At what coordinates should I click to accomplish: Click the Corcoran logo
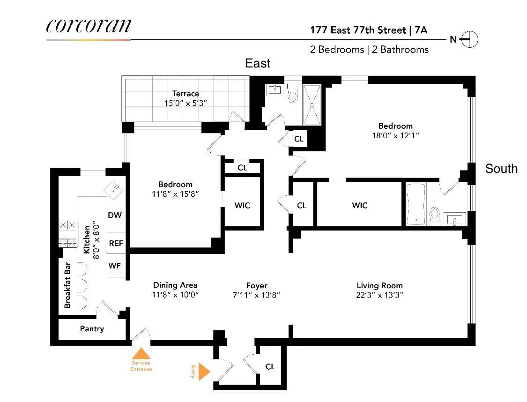pyautogui.click(x=89, y=26)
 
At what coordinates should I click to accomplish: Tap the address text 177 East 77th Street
pyautogui.click(x=358, y=30)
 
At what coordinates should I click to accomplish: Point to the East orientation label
pyautogui.click(x=258, y=63)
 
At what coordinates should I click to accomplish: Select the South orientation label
pyautogui.click(x=501, y=169)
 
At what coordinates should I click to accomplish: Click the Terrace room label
pyautogui.click(x=185, y=94)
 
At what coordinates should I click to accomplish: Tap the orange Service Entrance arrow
pyautogui.click(x=141, y=354)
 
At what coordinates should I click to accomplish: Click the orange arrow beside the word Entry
pyautogui.click(x=204, y=372)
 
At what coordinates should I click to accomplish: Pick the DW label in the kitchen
pyautogui.click(x=115, y=215)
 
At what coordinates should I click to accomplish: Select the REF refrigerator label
pyautogui.click(x=116, y=243)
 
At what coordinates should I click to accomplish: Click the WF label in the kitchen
pyautogui.click(x=115, y=266)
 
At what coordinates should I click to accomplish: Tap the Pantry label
pyautogui.click(x=92, y=328)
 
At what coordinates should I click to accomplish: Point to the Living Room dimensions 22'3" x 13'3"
pyautogui.click(x=379, y=295)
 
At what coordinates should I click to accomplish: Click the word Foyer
pyautogui.click(x=257, y=285)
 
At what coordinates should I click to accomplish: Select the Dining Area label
pyautogui.click(x=175, y=285)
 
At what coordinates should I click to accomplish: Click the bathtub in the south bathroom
pyautogui.click(x=416, y=204)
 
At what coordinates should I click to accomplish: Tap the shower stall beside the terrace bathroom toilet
pyautogui.click(x=312, y=104)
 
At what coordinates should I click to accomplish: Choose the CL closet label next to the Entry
pyautogui.click(x=270, y=366)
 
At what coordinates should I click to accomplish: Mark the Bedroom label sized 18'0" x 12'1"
pyautogui.click(x=395, y=126)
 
